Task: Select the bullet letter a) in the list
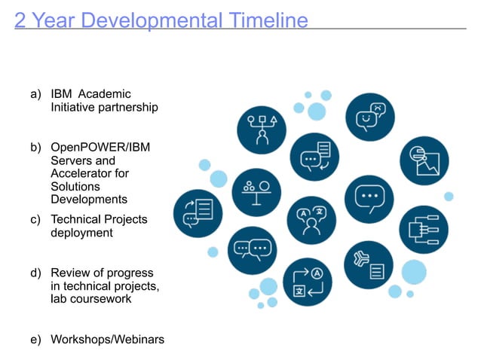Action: tap(35, 94)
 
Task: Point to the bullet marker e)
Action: tap(35, 340)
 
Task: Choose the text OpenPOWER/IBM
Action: tap(100, 147)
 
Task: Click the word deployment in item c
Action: tap(81, 233)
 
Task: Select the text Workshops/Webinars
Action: tap(107, 340)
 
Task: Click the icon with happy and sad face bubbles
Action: tap(369, 117)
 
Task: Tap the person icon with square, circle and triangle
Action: tap(262, 129)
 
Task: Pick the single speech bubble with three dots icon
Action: tap(369, 199)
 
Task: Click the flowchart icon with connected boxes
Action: tap(423, 228)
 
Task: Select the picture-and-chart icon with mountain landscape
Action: tap(424, 160)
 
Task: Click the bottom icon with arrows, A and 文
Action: tap(308, 282)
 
